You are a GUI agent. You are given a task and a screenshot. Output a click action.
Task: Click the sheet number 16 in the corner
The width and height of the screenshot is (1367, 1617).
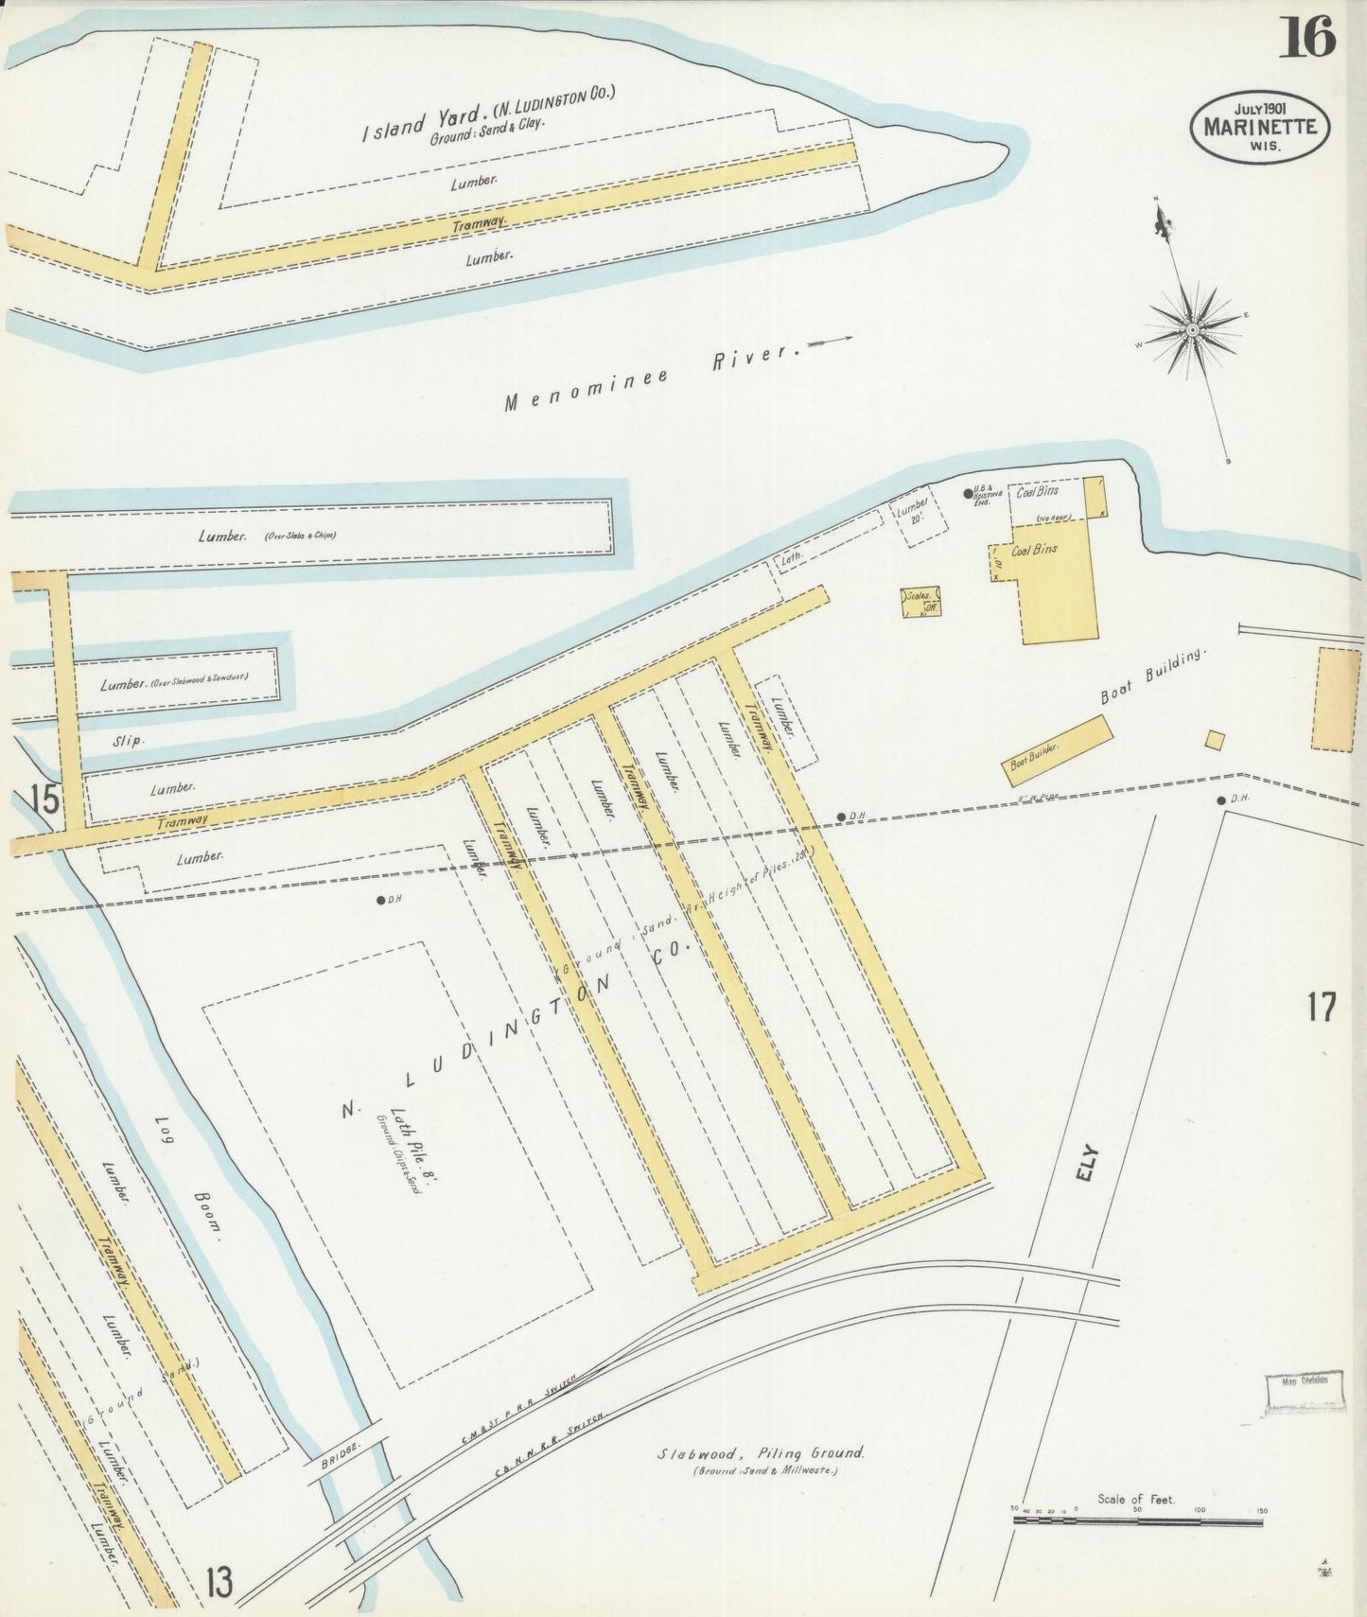[1307, 39]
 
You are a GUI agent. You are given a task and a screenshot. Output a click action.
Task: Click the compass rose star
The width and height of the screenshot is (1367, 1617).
[1192, 329]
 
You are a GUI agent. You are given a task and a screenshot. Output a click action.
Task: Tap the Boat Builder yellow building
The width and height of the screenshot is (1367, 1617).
[1056, 750]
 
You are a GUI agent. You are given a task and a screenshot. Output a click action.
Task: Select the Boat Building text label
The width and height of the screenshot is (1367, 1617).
[1155, 677]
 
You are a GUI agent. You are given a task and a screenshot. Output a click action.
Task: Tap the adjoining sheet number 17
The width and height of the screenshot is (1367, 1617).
[1321, 1007]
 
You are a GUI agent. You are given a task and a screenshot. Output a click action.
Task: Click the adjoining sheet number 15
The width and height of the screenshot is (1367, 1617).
[43, 800]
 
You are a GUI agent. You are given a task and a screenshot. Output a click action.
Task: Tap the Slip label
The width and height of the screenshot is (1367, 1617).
[128, 741]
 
